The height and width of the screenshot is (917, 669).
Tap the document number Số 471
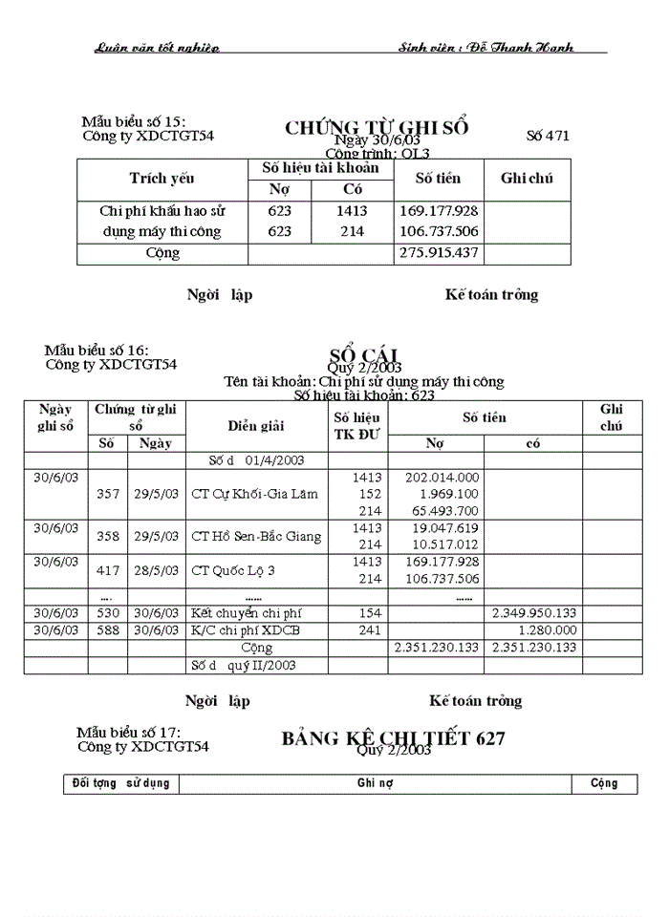[x=548, y=136]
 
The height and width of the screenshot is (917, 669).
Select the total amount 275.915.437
[x=438, y=254]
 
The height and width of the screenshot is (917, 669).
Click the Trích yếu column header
[x=162, y=179]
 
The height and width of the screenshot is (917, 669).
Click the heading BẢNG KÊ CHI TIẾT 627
[x=393, y=738]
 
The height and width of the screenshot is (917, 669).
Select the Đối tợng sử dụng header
[x=121, y=783]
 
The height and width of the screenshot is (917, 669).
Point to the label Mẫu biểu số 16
[x=97, y=351]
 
